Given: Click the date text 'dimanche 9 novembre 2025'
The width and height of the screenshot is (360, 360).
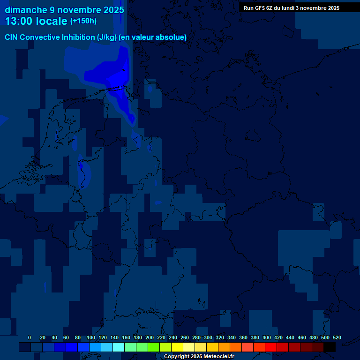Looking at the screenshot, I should tap(64, 10).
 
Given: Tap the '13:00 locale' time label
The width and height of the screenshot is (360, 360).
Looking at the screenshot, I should tap(37, 21).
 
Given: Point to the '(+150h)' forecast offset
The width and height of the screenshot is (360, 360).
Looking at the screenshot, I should tap(83, 21).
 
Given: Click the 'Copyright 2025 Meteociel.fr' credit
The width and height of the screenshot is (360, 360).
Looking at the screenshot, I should tap(199, 357).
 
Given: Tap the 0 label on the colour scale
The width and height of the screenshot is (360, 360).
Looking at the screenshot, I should tap(30, 337).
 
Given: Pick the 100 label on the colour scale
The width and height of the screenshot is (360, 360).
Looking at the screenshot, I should tap(90, 337).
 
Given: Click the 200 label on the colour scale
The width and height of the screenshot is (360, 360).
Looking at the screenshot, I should tap(149, 337).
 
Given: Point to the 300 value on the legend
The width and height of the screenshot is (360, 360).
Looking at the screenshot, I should tap(208, 337).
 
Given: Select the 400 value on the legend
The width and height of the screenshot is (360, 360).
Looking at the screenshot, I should tap(266, 337).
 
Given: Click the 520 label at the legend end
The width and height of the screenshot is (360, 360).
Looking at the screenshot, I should tap(337, 337).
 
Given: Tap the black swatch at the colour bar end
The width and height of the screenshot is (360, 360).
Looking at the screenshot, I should tap(330, 347).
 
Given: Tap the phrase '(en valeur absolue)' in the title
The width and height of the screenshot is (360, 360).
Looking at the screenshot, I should tap(153, 37).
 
